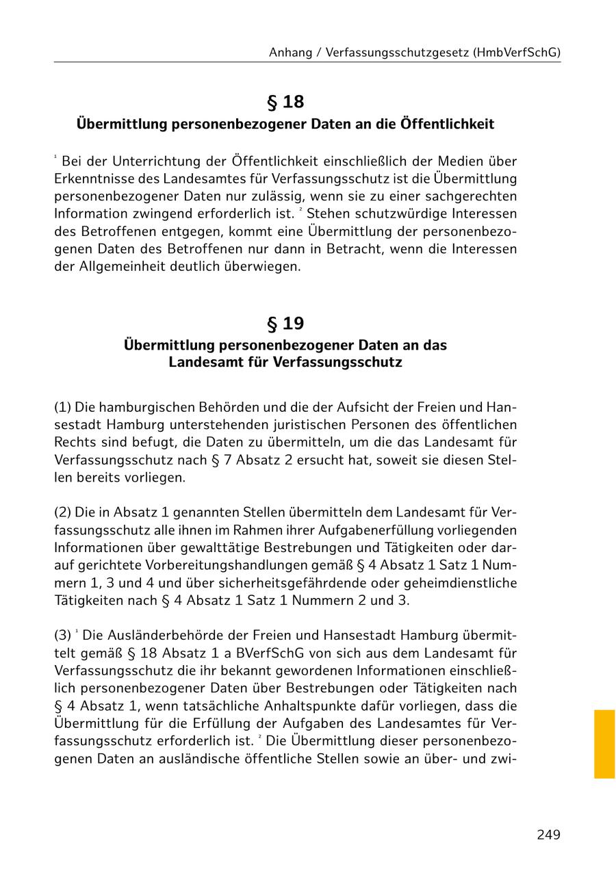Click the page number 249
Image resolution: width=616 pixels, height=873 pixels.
click(548, 835)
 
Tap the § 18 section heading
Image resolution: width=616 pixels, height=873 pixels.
click(285, 102)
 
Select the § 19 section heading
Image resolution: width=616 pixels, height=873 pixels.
click(285, 323)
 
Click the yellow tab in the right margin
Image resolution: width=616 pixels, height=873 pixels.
click(604, 744)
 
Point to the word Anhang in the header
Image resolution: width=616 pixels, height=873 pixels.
click(291, 52)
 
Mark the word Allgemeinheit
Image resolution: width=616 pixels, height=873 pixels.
click(122, 267)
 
